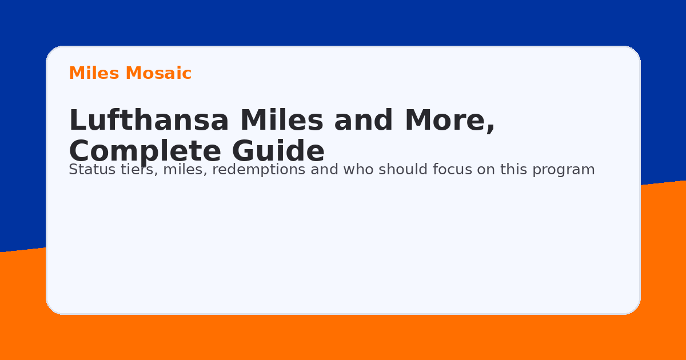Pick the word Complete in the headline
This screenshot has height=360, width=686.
pos(145,151)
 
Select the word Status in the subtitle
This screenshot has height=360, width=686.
pos(89,170)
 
